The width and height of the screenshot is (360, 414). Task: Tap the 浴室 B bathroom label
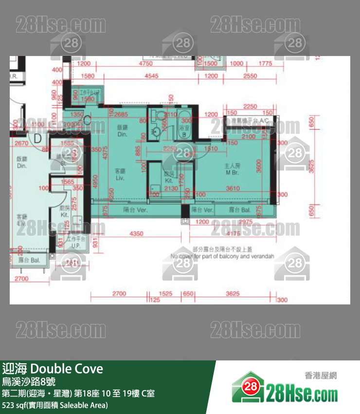185,130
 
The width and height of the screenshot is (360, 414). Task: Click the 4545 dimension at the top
151,76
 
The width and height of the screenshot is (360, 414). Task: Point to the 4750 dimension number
145,64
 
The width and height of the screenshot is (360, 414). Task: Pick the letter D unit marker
37,138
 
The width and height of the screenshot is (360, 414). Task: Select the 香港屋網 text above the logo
321,376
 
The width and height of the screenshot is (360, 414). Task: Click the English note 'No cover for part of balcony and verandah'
222,256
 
